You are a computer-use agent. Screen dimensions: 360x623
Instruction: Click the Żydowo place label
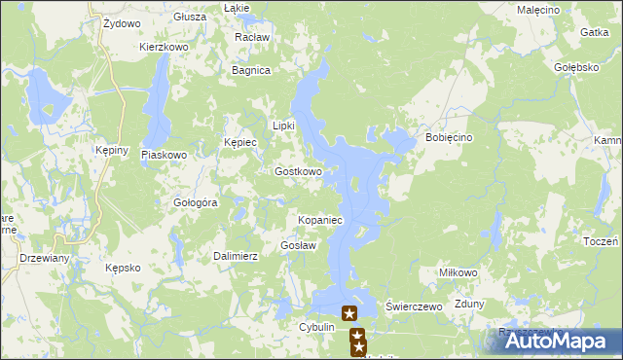(121, 21)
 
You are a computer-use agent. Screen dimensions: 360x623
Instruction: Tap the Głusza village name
(189, 17)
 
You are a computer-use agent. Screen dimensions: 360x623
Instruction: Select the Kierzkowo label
(163, 46)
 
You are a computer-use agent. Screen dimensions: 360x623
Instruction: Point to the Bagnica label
(250, 70)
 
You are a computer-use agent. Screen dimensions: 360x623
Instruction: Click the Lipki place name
(283, 126)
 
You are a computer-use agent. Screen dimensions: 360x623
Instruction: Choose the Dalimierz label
(235, 256)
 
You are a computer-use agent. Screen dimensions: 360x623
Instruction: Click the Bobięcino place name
(449, 138)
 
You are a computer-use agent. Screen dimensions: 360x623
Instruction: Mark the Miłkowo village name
(458, 273)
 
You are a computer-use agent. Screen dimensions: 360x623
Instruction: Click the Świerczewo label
(415, 306)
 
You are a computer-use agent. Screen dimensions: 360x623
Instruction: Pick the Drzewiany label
(44, 258)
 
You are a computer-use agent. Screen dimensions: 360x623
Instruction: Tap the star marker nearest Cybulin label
(349, 313)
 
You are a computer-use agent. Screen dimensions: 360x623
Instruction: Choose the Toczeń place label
(603, 240)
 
